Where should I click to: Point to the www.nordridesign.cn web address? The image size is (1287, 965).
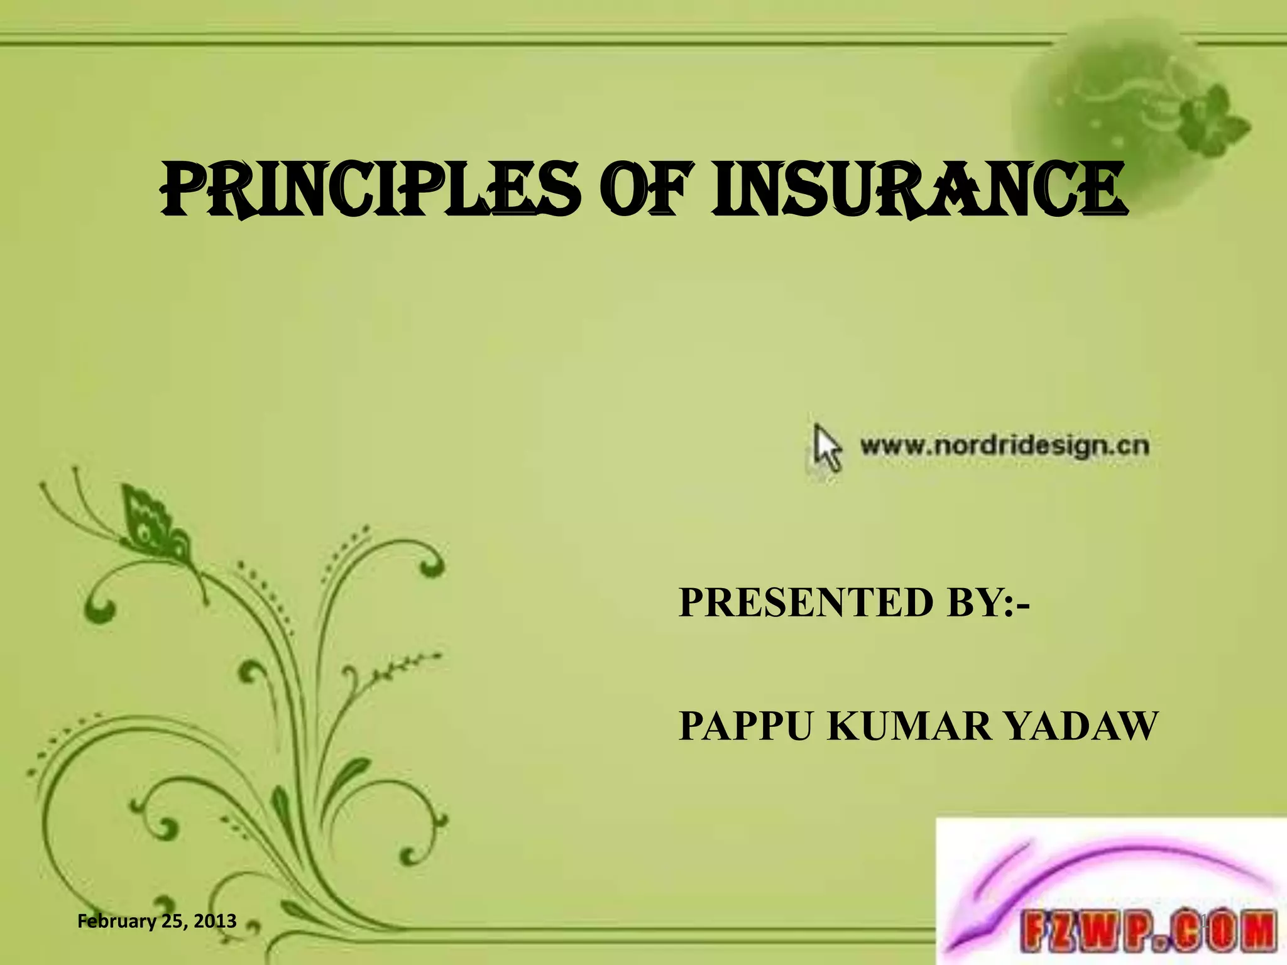pyautogui.click(x=1004, y=446)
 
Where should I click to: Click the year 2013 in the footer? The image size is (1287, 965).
pyautogui.click(x=215, y=921)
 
